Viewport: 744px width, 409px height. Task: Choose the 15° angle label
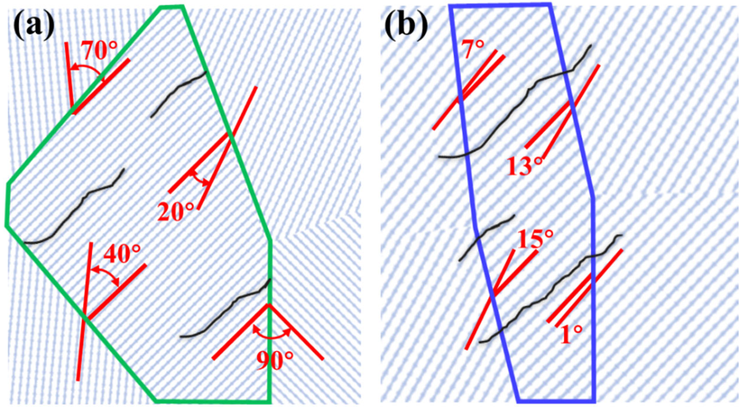(x=535, y=239)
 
